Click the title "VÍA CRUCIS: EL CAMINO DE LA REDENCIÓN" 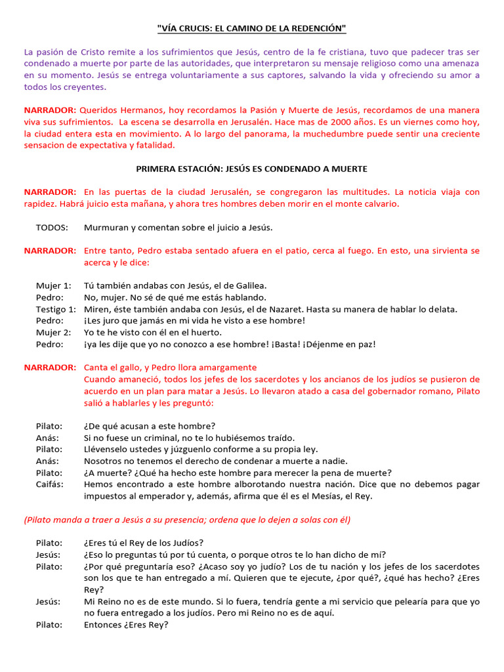coord(252,28)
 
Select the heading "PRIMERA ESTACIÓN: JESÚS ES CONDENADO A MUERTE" coord(252,169)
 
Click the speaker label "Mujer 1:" coord(53,285)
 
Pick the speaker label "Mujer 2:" coord(53,332)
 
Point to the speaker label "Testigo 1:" coord(56,309)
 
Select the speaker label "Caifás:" coord(50,484)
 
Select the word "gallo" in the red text coord(129,367)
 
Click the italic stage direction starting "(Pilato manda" coord(187,520)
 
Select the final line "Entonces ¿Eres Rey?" coord(126,625)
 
